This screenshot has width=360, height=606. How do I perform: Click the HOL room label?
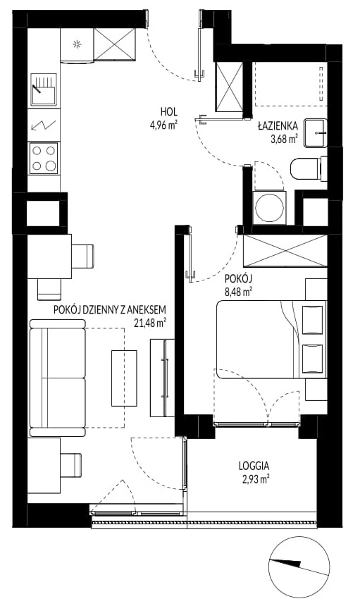(x=169, y=112)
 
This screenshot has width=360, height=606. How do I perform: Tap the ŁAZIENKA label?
(x=278, y=126)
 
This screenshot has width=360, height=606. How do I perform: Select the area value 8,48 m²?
(x=239, y=292)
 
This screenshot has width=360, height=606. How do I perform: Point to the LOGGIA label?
(x=254, y=466)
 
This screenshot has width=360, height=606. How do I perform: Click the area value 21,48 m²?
(x=150, y=322)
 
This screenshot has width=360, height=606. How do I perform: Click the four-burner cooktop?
(x=44, y=158)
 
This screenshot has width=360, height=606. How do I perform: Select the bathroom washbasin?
(x=315, y=133)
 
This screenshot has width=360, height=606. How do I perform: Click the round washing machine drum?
(x=270, y=207)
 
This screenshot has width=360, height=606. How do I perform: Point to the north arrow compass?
(x=299, y=565)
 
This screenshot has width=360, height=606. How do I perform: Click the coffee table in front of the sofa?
(x=124, y=378)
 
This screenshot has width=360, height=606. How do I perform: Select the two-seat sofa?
(x=58, y=378)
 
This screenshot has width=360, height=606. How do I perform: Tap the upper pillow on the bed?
(x=312, y=320)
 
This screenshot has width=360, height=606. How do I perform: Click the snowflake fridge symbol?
(x=77, y=44)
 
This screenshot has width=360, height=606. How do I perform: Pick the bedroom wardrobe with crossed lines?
(x=286, y=250)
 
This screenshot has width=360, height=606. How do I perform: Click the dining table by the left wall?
(x=49, y=256)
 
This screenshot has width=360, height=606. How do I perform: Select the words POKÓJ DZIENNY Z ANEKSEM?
(x=110, y=309)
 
